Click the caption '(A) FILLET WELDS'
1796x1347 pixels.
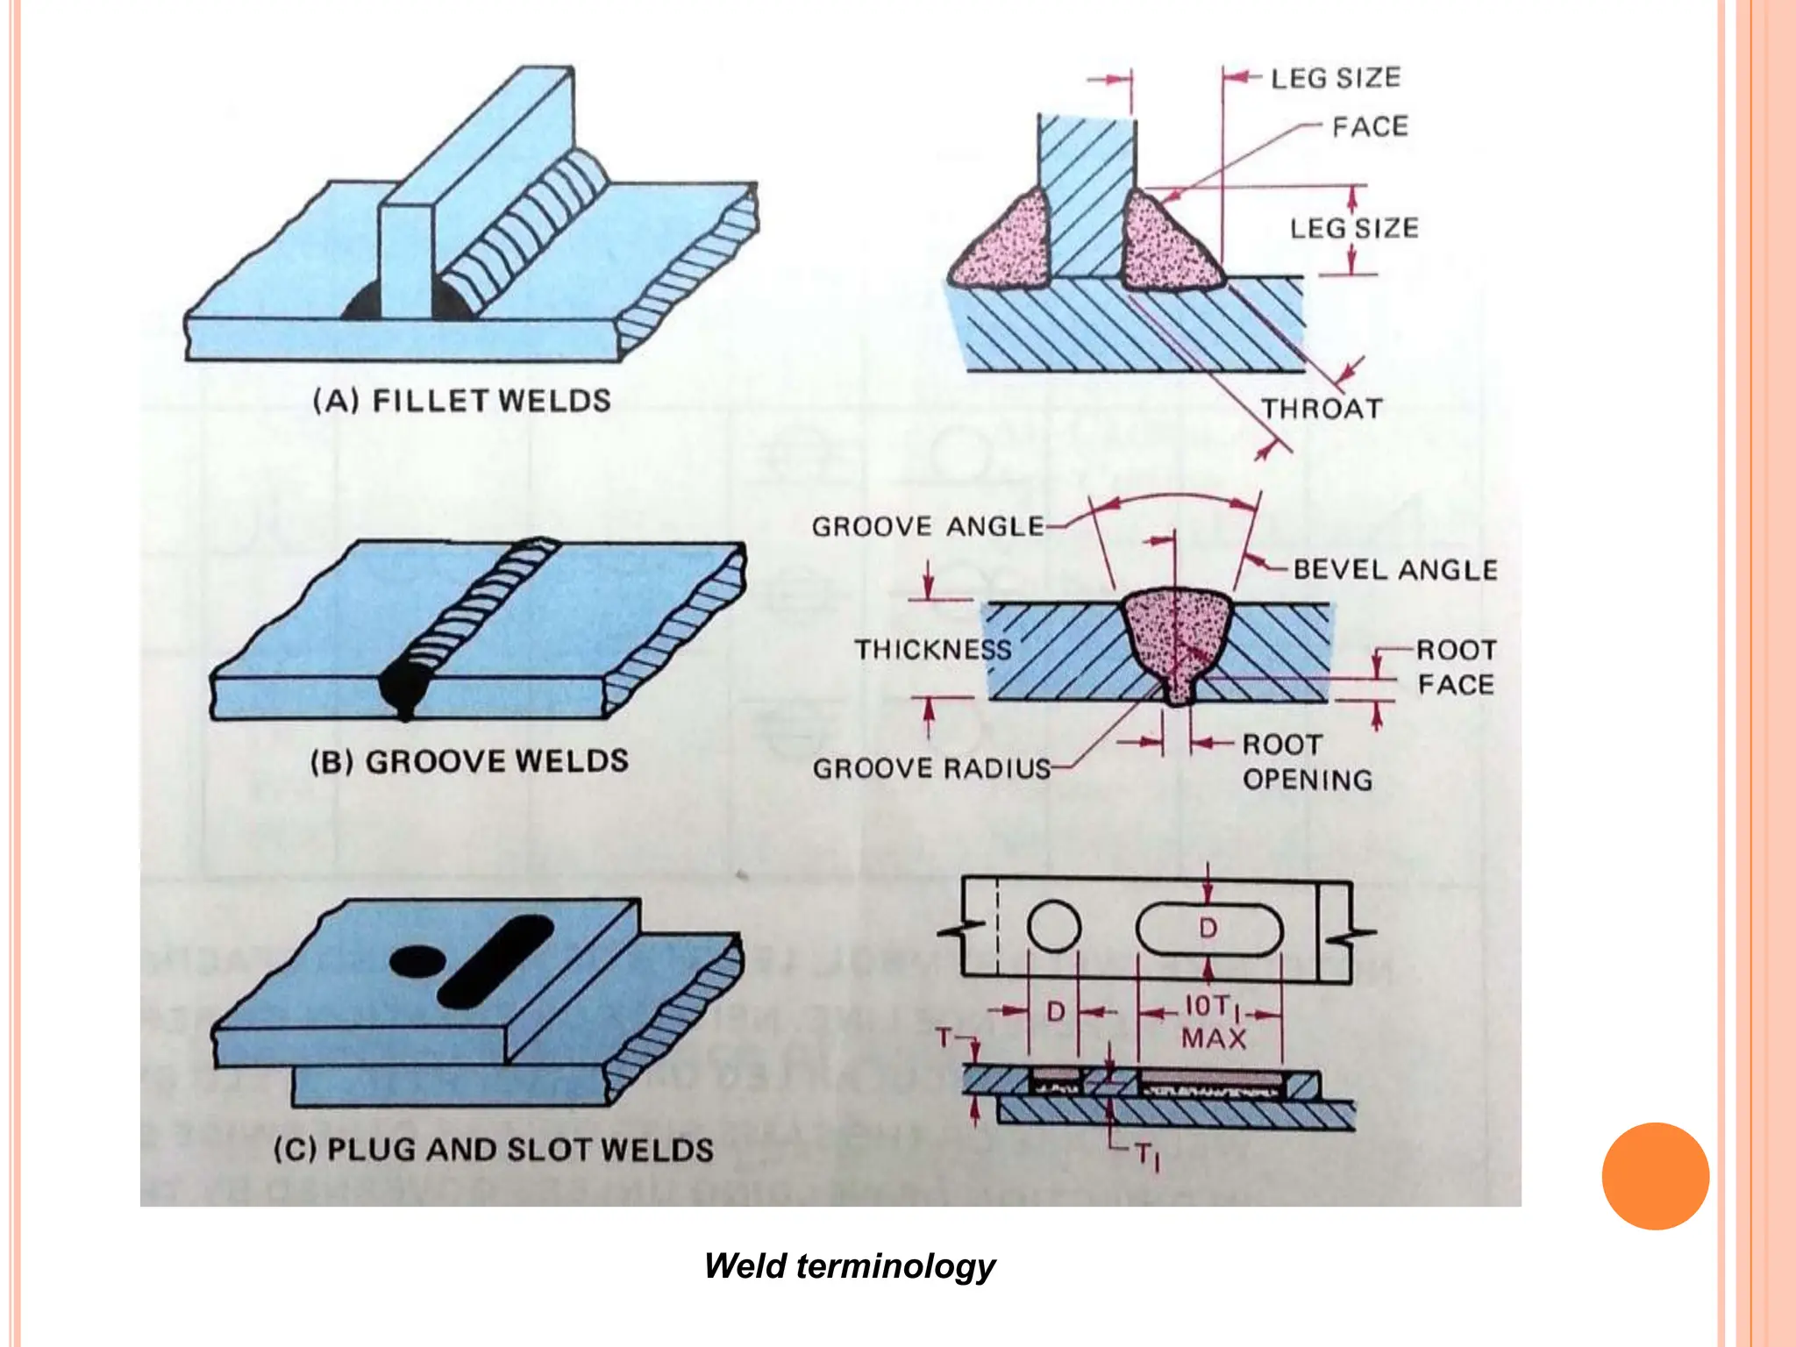462,401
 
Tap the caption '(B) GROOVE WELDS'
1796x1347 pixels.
469,761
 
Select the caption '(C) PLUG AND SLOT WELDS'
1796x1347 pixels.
493,1150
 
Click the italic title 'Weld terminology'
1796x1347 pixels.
849,1266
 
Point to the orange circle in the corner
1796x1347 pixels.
1655,1176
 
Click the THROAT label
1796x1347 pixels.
1322,409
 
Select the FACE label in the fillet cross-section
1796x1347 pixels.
1370,127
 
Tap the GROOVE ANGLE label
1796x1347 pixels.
928,526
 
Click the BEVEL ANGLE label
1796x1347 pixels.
1395,570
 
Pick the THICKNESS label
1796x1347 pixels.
933,650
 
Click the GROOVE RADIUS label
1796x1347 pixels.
931,768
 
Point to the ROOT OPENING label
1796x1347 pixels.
1306,762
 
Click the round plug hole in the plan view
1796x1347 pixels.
1053,927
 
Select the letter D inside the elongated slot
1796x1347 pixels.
1208,928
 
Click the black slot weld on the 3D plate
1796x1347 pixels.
495,961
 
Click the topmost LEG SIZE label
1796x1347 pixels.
1336,78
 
